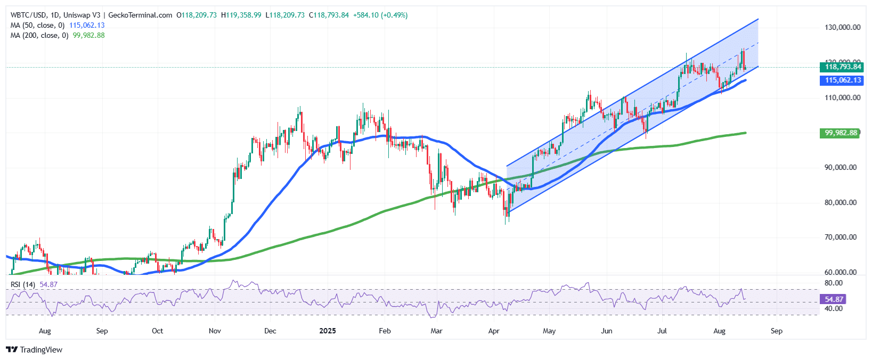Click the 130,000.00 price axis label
pyautogui.click(x=842, y=27)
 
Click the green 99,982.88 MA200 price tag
pyautogui.click(x=841, y=133)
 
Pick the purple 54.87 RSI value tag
pyautogui.click(x=835, y=299)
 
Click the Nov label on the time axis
pyautogui.click(x=215, y=331)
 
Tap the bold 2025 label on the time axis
pyautogui.click(x=327, y=331)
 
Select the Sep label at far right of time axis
pyautogui.click(x=777, y=331)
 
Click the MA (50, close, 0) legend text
pyautogui.click(x=37, y=25)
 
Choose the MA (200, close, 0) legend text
pyautogui.click(x=39, y=35)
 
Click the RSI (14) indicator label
pyautogui.click(x=23, y=284)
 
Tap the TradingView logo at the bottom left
pyautogui.click(x=34, y=350)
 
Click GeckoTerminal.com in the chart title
pyautogui.click(x=140, y=15)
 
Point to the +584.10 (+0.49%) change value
pyautogui.click(x=380, y=15)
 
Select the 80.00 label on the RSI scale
pyautogui.click(x=833, y=283)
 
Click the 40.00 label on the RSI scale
pyautogui.click(x=833, y=308)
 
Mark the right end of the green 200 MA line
pyautogui.click(x=745, y=133)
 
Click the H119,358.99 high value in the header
pyautogui.click(x=241, y=15)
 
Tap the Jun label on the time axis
pyautogui.click(x=606, y=331)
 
